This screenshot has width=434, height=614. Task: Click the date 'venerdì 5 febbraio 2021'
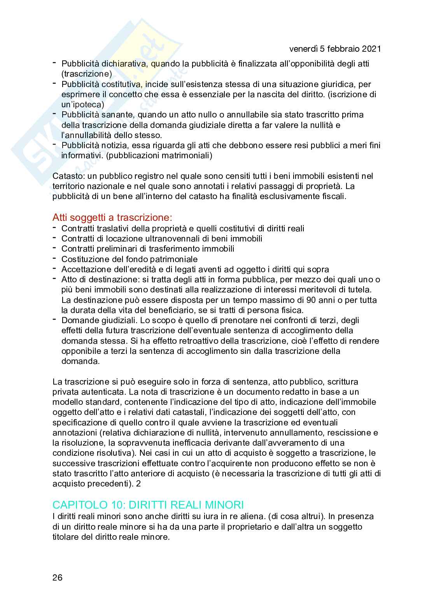(335, 49)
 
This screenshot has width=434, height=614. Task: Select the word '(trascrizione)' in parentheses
(87, 74)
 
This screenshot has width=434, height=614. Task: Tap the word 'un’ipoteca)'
(82, 105)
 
